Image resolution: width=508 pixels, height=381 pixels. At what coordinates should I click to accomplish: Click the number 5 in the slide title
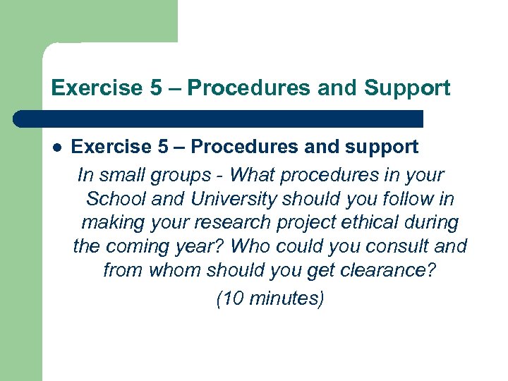coord(155,88)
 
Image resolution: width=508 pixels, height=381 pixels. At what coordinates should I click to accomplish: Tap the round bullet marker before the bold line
coord(57,147)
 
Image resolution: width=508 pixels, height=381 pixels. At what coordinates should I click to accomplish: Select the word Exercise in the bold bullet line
coord(111,147)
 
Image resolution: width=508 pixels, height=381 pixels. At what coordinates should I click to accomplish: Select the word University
coord(212,199)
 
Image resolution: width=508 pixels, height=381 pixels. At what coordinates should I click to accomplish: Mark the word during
coord(431,223)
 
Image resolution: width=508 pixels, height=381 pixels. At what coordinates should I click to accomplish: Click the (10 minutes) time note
coord(270,298)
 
